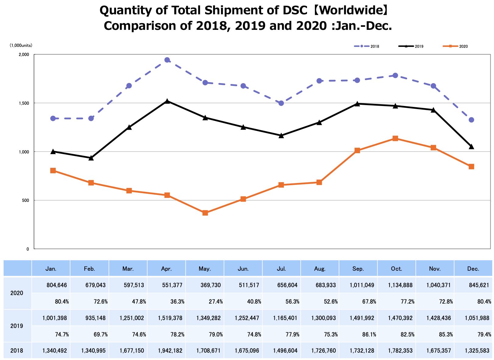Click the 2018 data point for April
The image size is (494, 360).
167,60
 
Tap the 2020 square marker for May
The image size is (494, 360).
205,213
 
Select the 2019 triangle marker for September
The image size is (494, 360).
357,104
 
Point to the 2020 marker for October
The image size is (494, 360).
395,139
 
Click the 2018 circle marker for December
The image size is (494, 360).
471,120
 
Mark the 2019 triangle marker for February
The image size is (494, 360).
91,158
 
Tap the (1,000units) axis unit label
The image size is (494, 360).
21,45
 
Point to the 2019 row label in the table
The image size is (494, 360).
17,326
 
